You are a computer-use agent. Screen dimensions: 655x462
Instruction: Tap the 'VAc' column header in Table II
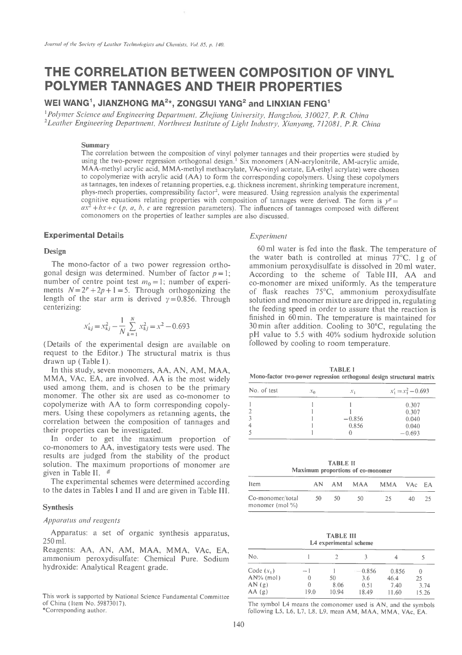pyautogui.click(x=411, y=484)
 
